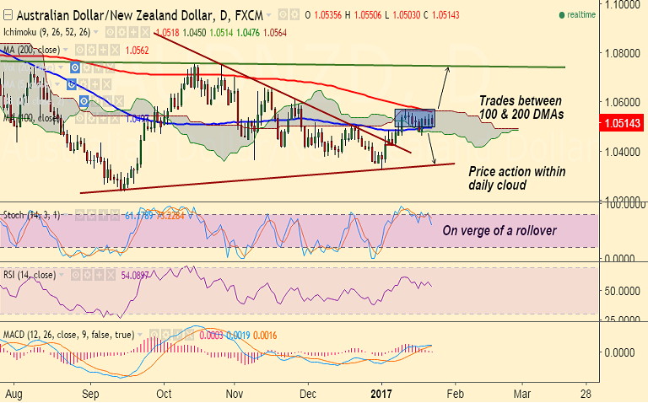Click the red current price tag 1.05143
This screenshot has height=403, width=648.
tap(622, 123)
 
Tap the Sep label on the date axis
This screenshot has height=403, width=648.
tap(91, 393)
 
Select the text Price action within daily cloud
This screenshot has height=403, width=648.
tap(516, 178)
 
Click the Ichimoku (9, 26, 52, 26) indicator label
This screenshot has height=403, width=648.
tap(47, 32)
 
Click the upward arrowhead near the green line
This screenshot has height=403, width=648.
tap(448, 67)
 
